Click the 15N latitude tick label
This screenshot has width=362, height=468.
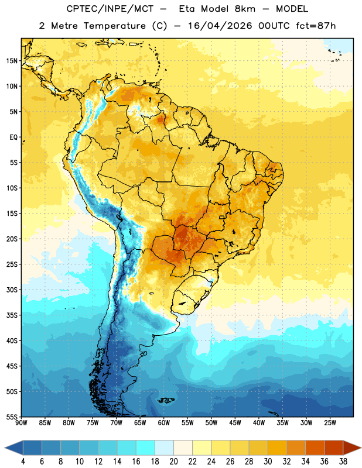[x=12, y=61]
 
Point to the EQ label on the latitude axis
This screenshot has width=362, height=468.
[x=13, y=137]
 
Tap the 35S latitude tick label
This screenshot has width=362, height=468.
[x=12, y=315]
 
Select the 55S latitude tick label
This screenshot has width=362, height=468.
[x=12, y=417]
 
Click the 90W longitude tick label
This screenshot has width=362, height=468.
[x=21, y=423]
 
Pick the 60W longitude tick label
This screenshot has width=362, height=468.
[x=164, y=423]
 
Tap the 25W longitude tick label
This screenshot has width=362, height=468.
[x=330, y=423]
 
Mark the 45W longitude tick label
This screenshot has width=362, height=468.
[x=235, y=423]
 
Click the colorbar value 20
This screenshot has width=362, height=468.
[x=173, y=462]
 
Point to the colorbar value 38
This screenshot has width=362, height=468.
[x=343, y=462]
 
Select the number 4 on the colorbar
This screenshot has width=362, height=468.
[x=23, y=462]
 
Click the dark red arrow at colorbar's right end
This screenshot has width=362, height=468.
[x=352, y=448]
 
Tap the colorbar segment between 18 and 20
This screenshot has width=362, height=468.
[x=165, y=448]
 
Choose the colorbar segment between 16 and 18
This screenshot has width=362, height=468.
[x=146, y=448]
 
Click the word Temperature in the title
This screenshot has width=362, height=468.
[x=114, y=26]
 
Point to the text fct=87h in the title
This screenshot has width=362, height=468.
[x=316, y=26]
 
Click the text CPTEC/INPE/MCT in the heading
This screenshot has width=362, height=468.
[x=110, y=9]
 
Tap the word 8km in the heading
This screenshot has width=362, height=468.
[x=245, y=9]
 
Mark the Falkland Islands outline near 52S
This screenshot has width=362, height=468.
[x=166, y=400]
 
